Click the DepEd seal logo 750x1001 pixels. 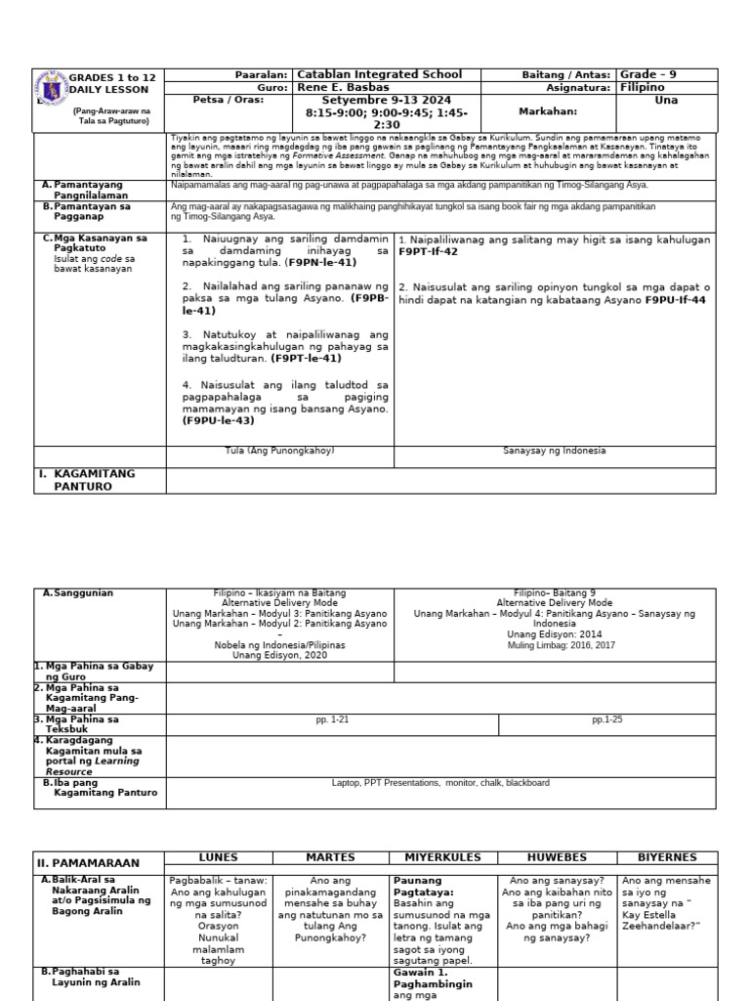pyautogui.click(x=50, y=89)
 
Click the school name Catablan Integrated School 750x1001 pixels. pyautogui.click(x=379, y=75)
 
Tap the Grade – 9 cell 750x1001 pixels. pyautogui.click(x=648, y=75)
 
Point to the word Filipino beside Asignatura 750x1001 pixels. pyautogui.click(x=643, y=88)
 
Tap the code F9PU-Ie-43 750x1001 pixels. pyautogui.click(x=218, y=421)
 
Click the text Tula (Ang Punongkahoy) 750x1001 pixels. pyautogui.click(x=279, y=451)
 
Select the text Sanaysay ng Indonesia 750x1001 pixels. pyautogui.click(x=555, y=451)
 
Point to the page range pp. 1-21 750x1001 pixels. pyautogui.click(x=332, y=719)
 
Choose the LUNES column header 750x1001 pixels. pyautogui.click(x=218, y=858)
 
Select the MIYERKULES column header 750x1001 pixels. pyautogui.click(x=442, y=858)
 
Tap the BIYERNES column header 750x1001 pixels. pyautogui.click(x=666, y=858)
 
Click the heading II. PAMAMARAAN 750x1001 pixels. pyautogui.click(x=88, y=863)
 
